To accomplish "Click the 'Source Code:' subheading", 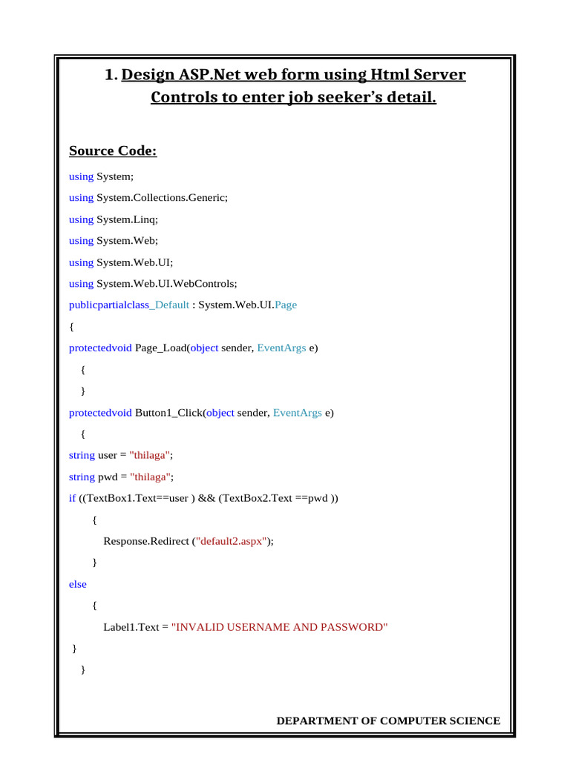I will point(113,151).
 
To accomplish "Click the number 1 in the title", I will point(111,75).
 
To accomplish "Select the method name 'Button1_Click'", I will point(168,413).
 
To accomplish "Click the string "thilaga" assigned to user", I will point(151,455).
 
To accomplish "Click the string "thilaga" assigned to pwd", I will point(151,477).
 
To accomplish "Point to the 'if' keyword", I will point(72,498).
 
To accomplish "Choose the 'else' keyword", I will point(78,584).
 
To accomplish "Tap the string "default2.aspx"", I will point(230,541).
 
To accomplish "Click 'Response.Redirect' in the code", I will point(146,541).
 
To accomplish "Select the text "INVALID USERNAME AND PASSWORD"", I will point(279,627).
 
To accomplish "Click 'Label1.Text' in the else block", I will point(131,627).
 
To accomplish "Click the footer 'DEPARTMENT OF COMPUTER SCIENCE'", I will point(388,721).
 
